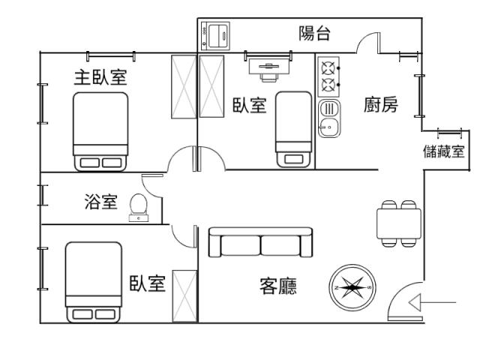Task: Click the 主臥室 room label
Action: tap(100, 77)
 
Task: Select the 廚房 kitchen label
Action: tap(380, 105)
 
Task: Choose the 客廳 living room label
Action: tap(277, 286)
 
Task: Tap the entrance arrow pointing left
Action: tap(431, 303)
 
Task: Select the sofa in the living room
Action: tap(261, 244)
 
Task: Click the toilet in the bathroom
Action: tap(139, 206)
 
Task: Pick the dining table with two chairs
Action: tap(398, 223)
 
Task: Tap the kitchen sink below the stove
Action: tap(328, 118)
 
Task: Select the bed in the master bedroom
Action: tap(100, 131)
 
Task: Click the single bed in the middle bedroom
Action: tap(293, 129)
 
